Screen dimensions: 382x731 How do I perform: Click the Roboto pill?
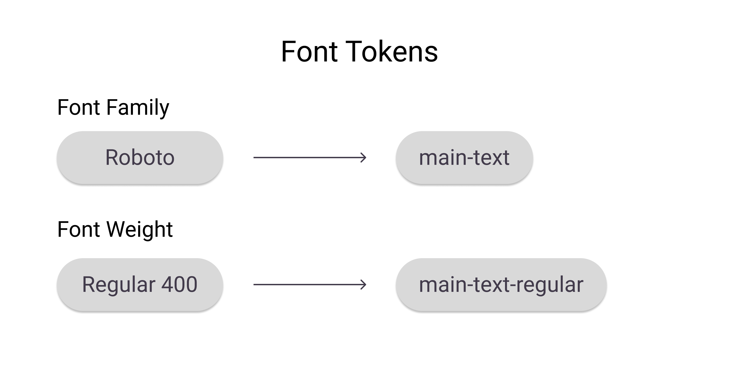point(140,158)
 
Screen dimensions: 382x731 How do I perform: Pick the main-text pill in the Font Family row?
point(464,158)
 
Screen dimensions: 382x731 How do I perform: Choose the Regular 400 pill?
point(140,284)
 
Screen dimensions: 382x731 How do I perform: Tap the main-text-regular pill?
point(501,284)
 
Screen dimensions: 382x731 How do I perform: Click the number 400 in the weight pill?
point(179,284)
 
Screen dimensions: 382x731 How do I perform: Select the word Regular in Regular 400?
point(119,284)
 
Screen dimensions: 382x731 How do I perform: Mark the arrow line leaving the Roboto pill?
point(307,158)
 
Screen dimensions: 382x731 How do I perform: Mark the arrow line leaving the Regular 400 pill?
point(307,284)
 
